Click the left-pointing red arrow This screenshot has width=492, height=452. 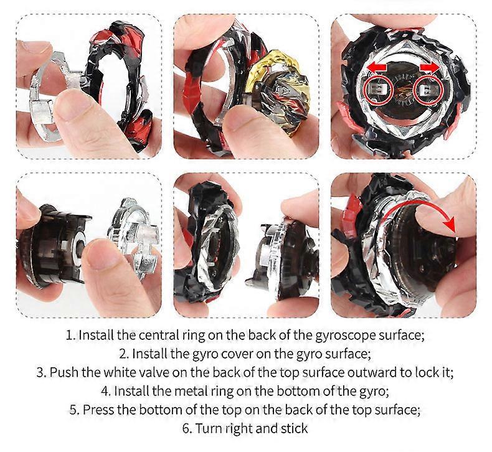point(377,67)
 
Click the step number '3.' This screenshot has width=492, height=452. point(42,373)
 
